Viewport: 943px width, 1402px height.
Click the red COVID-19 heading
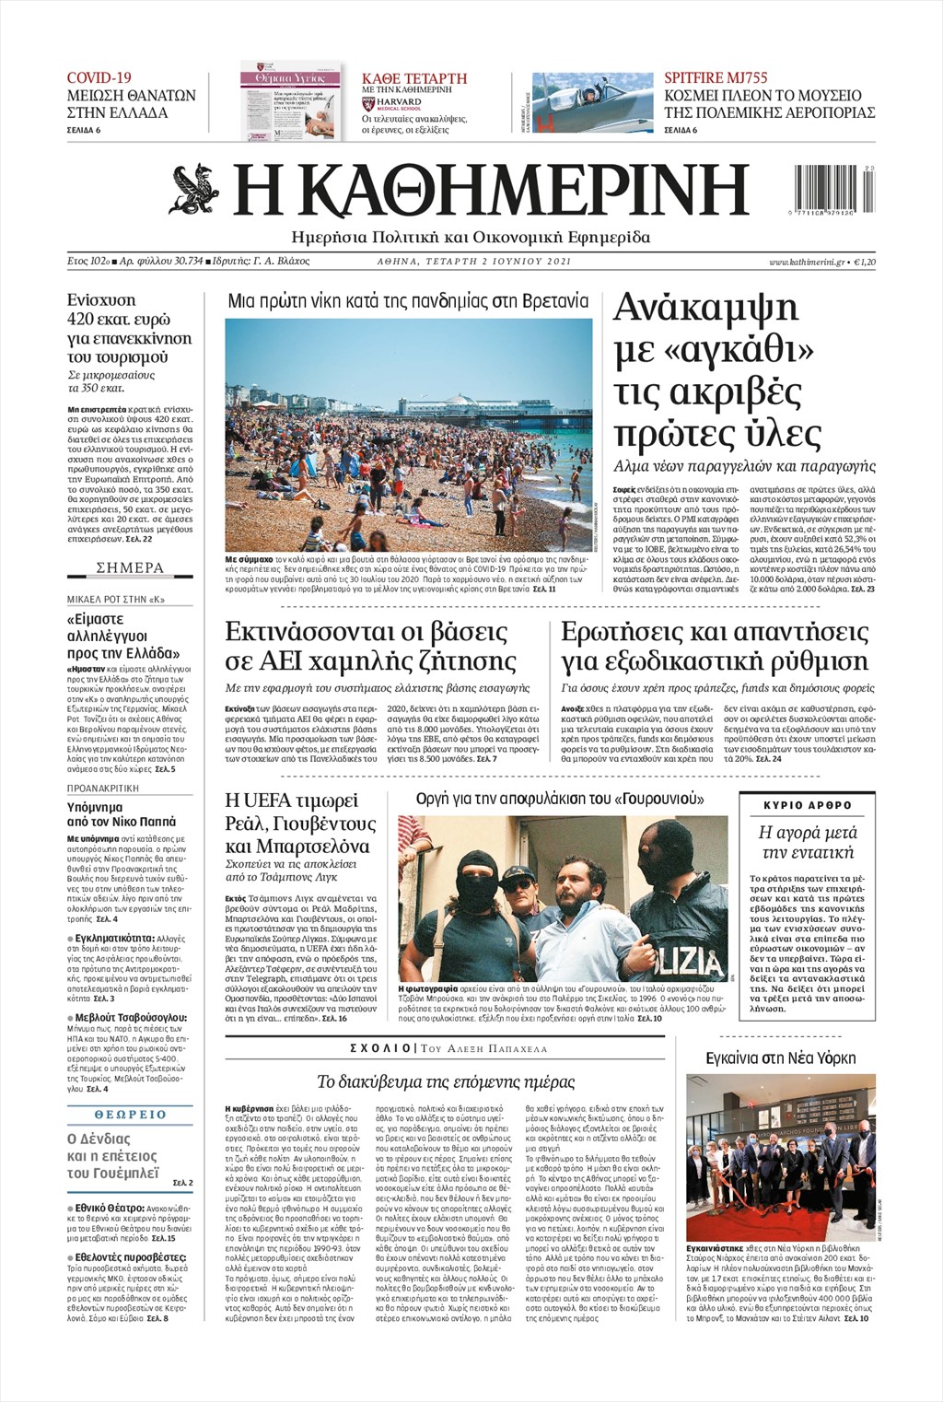(99, 78)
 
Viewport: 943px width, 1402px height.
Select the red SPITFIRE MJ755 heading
(716, 78)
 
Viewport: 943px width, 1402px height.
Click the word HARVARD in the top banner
(398, 101)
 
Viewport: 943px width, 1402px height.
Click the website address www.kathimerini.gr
(807, 263)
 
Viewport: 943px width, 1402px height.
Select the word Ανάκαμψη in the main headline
(706, 309)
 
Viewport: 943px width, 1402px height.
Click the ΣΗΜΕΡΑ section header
(130, 568)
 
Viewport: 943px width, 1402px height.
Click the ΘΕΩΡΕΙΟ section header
(130, 1114)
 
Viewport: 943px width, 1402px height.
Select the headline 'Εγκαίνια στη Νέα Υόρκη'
(780, 1057)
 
